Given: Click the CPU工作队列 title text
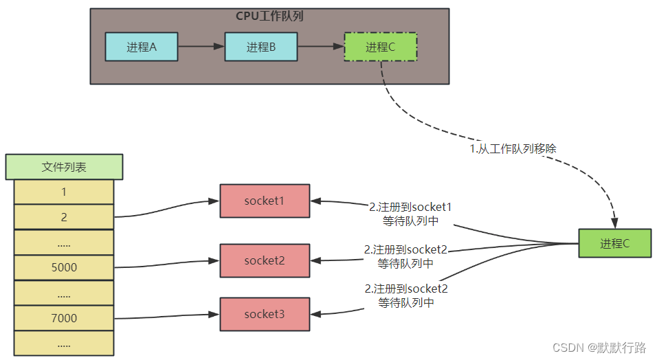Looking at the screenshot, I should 269,16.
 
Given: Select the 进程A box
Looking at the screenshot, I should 141,47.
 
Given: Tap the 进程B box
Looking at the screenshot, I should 260,47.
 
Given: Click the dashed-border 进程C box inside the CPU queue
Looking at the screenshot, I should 380,47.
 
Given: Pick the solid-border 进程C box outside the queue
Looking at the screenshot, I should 615,243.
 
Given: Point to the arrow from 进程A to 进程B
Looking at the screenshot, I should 201,47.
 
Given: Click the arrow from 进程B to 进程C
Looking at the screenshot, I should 320,47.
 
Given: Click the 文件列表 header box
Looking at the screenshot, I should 64,167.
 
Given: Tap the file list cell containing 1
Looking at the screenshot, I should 64,192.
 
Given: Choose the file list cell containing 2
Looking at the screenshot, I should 64,217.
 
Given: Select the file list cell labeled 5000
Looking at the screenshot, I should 64,267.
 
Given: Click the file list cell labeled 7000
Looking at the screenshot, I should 64,318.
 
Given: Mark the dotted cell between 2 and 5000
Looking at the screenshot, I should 64,243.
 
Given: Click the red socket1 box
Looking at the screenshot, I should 265,201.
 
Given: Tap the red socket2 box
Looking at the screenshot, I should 265,260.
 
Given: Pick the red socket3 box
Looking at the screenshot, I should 265,314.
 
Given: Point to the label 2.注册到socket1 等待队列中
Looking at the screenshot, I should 410,214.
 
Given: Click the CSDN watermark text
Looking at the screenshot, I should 599,348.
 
